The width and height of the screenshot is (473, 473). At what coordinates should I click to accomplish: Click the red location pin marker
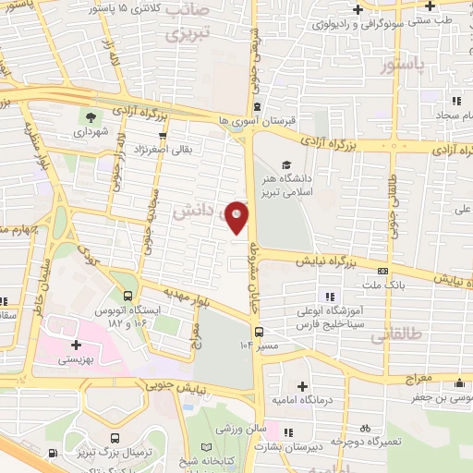click(x=237, y=216)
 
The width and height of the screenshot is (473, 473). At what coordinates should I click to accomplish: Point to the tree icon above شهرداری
click(x=91, y=116)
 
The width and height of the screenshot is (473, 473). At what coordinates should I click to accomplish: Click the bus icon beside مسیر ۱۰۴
click(x=261, y=331)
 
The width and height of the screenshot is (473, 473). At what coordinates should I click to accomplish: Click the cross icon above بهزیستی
click(x=76, y=345)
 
